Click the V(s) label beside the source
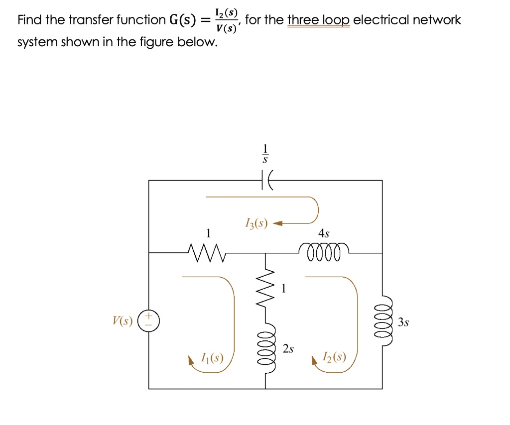tap(123, 321)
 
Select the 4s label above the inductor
tap(324, 233)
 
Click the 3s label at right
tap(403, 322)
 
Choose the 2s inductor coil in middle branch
tap(265, 349)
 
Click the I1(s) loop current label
tap(212, 357)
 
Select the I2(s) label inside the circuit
tap(334, 357)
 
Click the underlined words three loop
tap(319, 20)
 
